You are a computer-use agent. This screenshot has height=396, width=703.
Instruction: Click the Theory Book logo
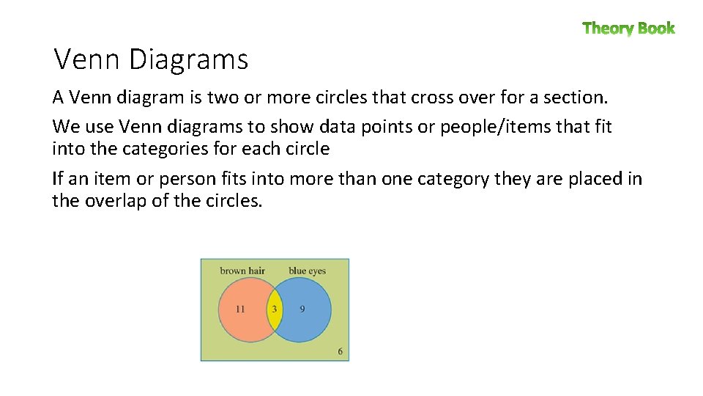(628, 29)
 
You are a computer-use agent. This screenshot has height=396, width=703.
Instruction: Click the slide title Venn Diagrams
(152, 59)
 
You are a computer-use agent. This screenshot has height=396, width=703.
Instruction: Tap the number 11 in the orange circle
(240, 309)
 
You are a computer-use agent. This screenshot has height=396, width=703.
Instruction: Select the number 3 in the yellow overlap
(275, 309)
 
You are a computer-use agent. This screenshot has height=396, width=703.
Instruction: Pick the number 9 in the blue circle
(302, 309)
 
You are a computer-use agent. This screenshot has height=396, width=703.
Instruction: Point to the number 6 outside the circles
(341, 351)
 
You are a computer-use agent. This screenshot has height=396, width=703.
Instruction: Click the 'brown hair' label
(242, 271)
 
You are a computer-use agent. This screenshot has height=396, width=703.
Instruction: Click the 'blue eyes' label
(308, 271)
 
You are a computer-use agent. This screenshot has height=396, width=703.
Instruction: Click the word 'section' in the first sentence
(572, 97)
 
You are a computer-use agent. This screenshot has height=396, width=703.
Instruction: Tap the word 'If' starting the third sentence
(58, 178)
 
